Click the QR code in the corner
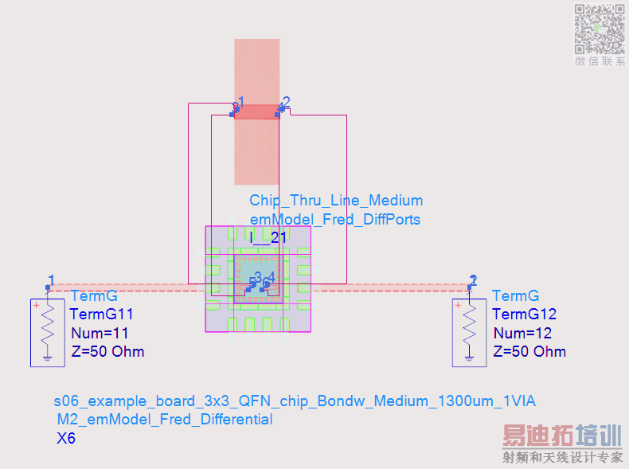(x=600, y=28)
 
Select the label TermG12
(x=525, y=315)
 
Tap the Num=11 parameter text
(x=100, y=333)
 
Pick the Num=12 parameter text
(x=522, y=333)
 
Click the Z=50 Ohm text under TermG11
(x=107, y=351)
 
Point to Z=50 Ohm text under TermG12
(x=529, y=351)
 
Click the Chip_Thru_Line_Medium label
(x=336, y=201)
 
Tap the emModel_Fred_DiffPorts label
(x=334, y=219)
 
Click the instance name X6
(x=66, y=438)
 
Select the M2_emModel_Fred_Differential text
(x=165, y=420)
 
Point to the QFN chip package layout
(x=258, y=278)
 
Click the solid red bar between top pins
(x=256, y=111)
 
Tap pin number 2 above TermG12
(x=473, y=279)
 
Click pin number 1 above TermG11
(x=51, y=279)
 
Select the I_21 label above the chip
(x=268, y=236)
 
